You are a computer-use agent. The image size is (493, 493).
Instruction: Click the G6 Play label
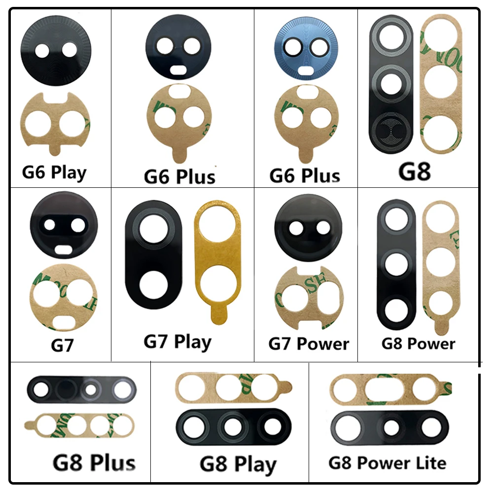54,173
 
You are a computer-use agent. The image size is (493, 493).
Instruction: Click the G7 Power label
309,344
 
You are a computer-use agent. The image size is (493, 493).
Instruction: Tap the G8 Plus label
94,462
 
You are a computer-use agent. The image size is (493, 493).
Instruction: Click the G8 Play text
238,464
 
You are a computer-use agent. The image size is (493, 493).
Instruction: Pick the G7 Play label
177,341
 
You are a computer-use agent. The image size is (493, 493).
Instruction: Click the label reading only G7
62,345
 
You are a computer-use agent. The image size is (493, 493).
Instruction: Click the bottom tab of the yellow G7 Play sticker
215,316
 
